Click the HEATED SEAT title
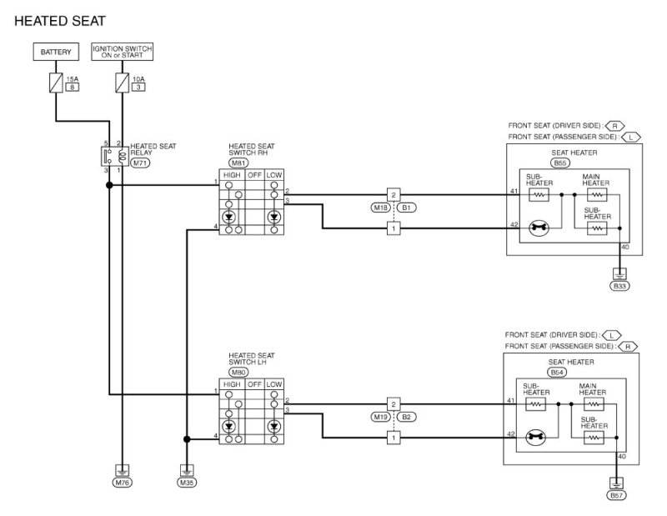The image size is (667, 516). [59, 21]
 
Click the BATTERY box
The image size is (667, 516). [56, 52]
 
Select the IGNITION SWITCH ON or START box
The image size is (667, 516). [122, 52]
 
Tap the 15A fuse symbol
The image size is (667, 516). [56, 83]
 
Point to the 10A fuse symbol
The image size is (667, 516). [122, 83]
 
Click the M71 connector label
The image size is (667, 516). [140, 163]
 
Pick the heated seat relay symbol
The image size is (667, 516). [115, 156]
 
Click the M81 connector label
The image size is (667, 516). [238, 163]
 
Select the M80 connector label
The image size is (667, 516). [238, 373]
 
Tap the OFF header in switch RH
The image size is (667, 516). [254, 175]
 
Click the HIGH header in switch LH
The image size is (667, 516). [232, 384]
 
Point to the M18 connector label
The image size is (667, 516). [380, 208]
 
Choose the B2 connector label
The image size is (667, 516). [406, 417]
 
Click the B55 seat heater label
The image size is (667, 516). [559, 163]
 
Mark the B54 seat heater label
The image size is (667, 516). [557, 373]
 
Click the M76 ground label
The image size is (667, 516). [122, 483]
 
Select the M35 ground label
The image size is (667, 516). [187, 483]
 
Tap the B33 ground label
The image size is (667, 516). [619, 286]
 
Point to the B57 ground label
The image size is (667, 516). [616, 495]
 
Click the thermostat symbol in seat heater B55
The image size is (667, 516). [539, 228]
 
